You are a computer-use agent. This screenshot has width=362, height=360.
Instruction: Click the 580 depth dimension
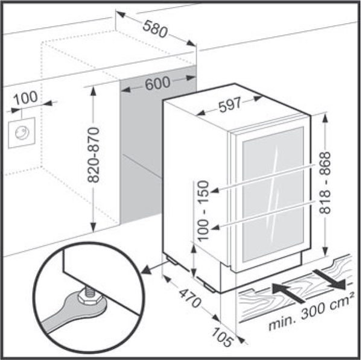155,29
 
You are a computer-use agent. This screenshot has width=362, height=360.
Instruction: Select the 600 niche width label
157,83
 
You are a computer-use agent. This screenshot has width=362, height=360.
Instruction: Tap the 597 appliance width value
230,106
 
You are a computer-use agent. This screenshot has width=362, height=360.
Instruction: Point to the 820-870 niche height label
94,154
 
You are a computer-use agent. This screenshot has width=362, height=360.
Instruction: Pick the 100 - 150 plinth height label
203,211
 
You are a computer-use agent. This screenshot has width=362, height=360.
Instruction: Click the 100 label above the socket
25,98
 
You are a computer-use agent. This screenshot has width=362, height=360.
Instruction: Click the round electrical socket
22,133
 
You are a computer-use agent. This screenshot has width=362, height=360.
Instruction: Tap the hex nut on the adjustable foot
89,298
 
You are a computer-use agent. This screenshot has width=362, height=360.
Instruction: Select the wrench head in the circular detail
86,303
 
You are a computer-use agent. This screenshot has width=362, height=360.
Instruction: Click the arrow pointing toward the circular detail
153,268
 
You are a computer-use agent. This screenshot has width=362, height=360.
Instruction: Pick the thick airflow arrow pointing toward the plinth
289,292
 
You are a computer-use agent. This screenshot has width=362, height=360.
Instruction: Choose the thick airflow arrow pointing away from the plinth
329,279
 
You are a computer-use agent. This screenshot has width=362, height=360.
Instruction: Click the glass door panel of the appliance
273,194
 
